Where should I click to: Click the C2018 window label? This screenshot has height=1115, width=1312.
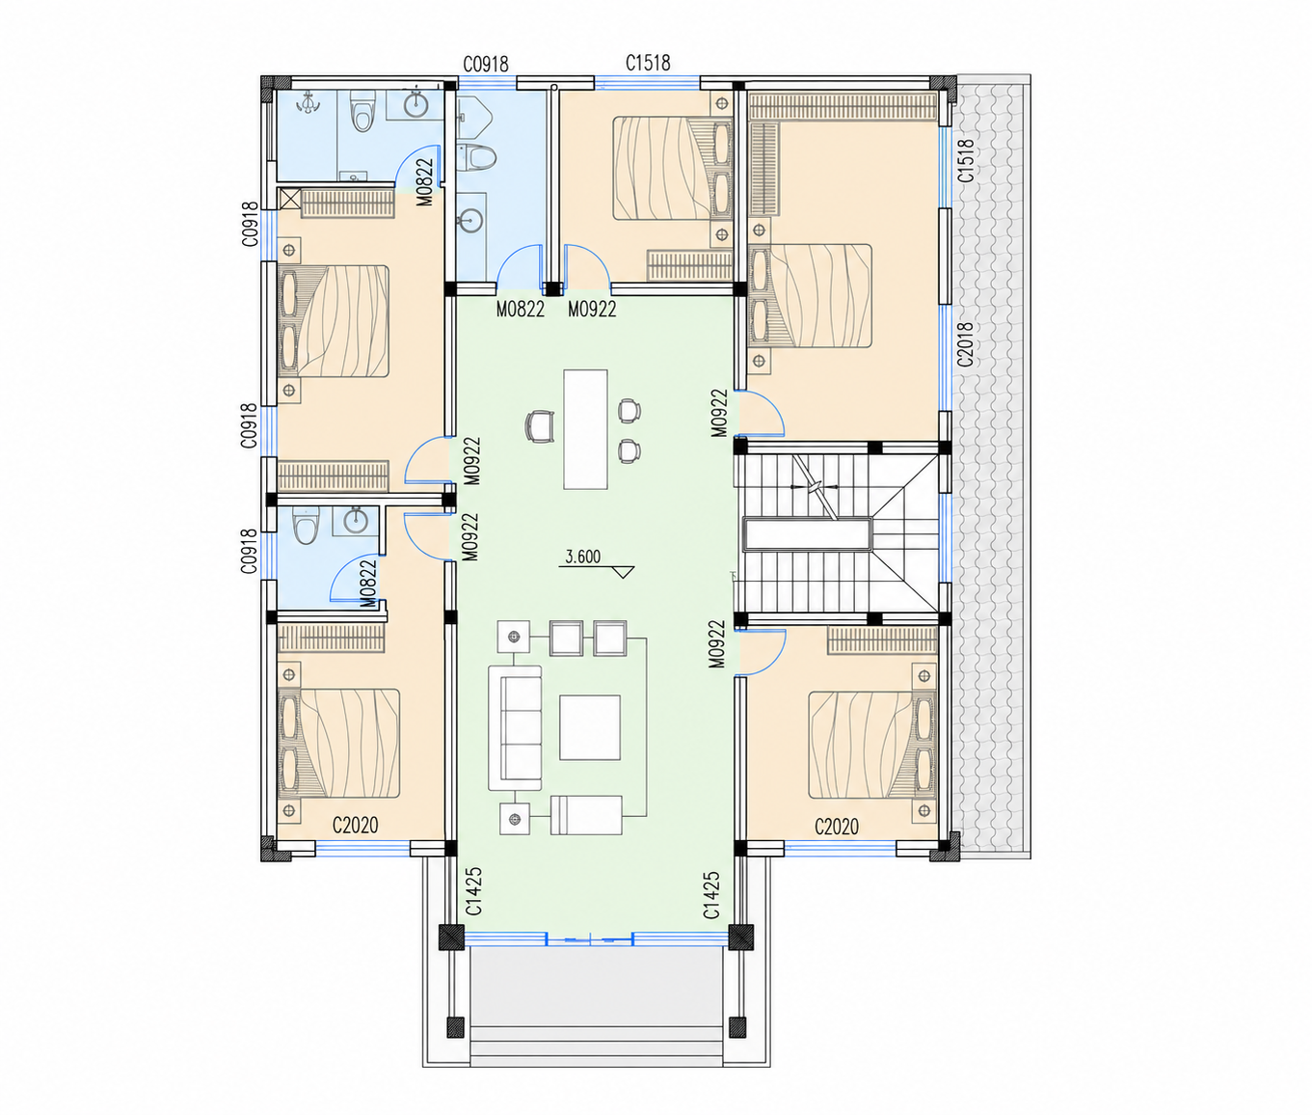[x=965, y=344]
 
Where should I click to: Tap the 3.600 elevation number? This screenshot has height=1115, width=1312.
[x=582, y=557]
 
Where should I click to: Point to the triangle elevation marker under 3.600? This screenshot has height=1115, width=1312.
[x=624, y=572]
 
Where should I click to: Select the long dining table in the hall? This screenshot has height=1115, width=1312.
[x=585, y=429]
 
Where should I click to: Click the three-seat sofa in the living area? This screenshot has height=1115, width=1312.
[x=515, y=727]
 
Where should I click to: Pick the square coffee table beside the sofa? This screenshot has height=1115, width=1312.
[x=590, y=727]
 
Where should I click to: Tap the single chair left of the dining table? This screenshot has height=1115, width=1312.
[x=540, y=425]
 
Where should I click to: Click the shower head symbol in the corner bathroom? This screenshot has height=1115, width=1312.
[x=308, y=103]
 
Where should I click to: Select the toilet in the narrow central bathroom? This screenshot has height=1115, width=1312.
[x=476, y=157]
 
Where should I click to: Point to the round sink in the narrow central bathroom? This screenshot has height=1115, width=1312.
[x=471, y=220]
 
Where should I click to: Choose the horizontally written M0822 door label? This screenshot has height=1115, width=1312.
[x=520, y=310]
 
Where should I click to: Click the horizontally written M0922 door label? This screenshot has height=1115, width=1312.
[x=592, y=310]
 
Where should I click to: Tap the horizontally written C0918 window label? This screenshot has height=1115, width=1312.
[x=486, y=64]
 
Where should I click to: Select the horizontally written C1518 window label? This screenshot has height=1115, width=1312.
[x=648, y=63]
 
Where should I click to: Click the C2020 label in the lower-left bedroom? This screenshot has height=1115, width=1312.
[x=356, y=825]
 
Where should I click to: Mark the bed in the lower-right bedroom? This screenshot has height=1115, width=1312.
[x=872, y=745]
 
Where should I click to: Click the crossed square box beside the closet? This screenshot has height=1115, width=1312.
[x=290, y=198]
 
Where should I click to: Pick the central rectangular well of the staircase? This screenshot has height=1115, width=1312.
[x=808, y=534]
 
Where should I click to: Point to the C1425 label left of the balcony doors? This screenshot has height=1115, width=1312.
[x=474, y=891]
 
